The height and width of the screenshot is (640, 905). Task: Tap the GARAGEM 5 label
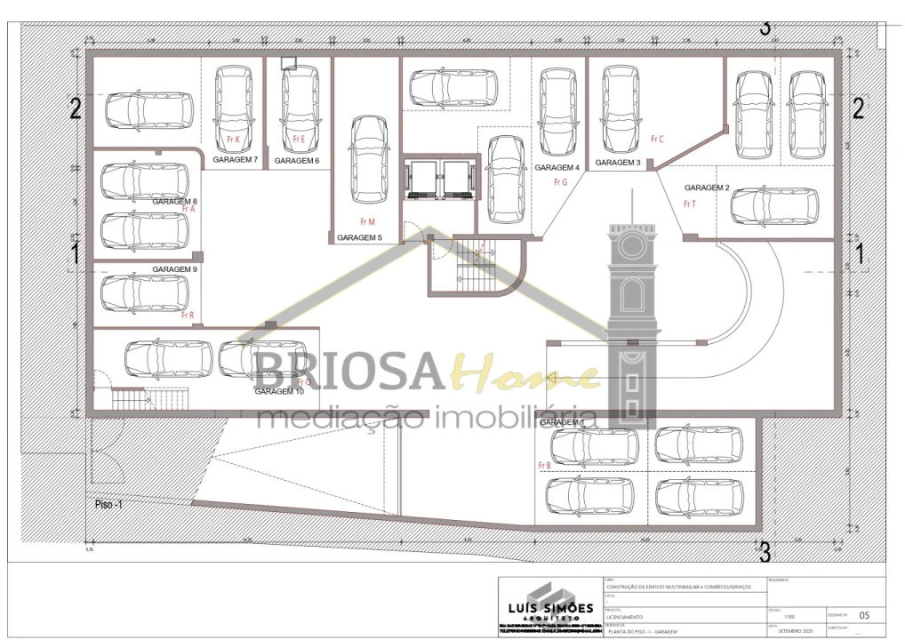[x=359, y=237]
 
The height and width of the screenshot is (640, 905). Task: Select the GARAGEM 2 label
[x=707, y=188]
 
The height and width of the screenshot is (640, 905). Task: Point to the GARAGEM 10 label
[x=279, y=391]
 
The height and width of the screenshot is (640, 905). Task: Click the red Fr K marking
[x=233, y=140]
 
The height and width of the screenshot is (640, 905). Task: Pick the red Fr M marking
[x=367, y=221]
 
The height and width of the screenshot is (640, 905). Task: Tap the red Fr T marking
[x=689, y=204]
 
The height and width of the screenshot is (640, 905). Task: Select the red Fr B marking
[x=544, y=465]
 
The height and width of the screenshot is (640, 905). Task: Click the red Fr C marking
[x=657, y=139]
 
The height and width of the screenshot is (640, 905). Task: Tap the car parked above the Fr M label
[x=368, y=159]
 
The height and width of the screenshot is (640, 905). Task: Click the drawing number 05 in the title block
[x=865, y=614]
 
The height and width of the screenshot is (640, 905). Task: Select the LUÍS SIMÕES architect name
[x=545, y=608]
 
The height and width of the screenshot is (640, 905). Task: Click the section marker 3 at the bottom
[x=764, y=551]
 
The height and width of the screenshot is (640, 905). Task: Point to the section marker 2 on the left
[x=76, y=108]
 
